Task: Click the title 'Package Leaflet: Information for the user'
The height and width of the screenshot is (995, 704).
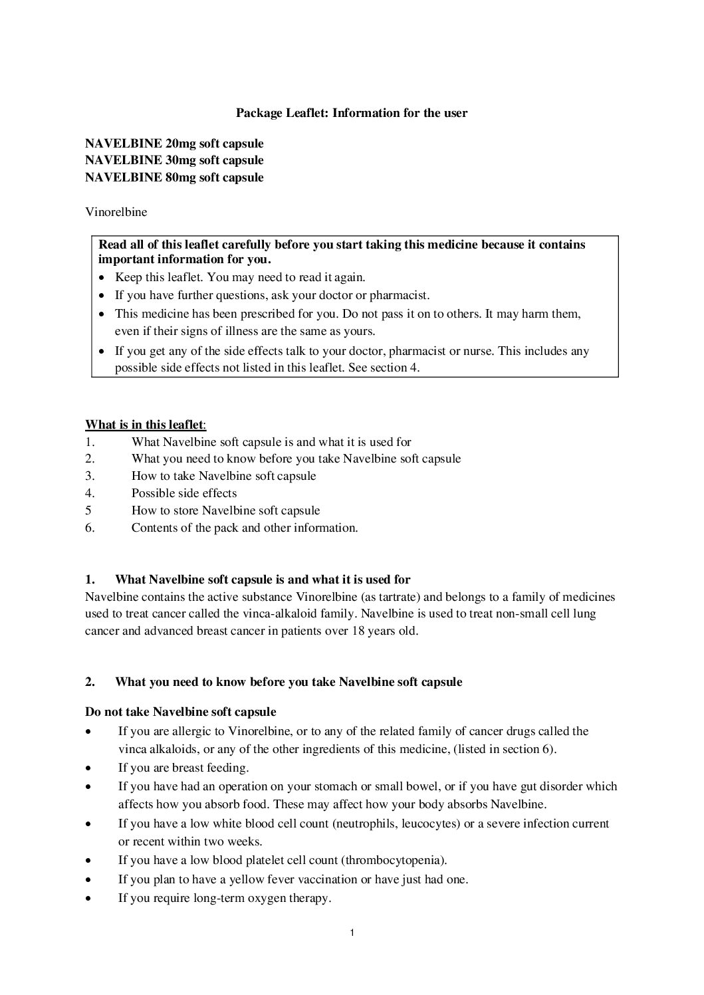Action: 352,113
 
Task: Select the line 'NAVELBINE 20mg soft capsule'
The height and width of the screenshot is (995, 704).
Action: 174,144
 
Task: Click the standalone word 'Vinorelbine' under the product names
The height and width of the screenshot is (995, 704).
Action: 116,212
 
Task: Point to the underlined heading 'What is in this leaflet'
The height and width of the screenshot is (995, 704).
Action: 145,425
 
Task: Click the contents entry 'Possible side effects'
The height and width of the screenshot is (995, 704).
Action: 184,493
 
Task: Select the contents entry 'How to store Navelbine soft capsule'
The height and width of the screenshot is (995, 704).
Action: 225,510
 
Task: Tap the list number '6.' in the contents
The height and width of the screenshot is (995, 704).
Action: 90,528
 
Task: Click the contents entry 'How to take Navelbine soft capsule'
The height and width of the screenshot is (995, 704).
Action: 223,476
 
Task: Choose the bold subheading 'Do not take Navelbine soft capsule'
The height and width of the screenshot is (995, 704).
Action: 180,712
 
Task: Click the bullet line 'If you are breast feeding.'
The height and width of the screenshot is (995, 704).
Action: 183,768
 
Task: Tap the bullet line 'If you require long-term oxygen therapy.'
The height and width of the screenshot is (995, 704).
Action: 225,898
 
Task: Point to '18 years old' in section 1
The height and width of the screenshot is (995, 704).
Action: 387,631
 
